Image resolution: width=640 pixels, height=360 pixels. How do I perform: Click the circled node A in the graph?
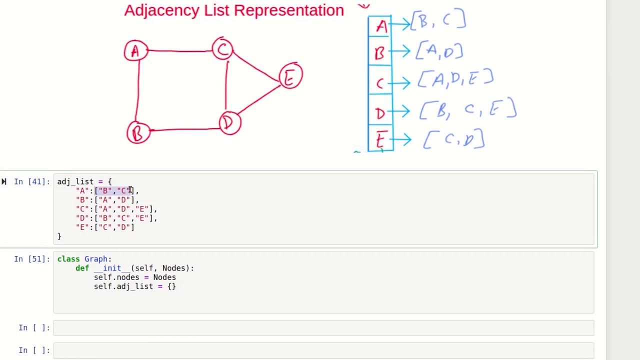point(135,50)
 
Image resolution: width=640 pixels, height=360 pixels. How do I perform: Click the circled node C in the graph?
point(222,49)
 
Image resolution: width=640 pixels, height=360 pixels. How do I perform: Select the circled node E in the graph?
point(290,76)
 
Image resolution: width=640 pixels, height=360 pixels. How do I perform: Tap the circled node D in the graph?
point(229,123)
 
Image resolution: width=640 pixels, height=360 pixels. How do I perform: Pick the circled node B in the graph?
point(138,132)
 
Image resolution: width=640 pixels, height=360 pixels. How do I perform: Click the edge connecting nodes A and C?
point(180,50)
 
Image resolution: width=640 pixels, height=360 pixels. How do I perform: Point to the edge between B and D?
point(185,129)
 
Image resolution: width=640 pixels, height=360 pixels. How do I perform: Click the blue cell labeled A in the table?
point(380,26)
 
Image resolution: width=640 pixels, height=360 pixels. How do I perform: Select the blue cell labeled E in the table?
point(380,139)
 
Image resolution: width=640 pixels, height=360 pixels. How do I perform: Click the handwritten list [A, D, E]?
point(455,78)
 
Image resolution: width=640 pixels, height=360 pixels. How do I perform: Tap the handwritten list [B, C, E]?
point(468,109)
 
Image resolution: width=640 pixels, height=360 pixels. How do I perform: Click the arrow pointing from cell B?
point(401,51)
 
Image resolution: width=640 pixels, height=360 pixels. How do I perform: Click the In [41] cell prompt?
point(31,181)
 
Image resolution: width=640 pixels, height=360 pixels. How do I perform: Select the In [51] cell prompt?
point(31,259)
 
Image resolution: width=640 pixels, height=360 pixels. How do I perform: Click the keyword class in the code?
point(68,259)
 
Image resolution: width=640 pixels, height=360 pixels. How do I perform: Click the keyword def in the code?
point(82,268)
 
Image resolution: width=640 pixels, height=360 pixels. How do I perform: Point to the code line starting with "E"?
point(105,227)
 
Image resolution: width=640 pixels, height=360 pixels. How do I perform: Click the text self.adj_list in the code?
point(123,286)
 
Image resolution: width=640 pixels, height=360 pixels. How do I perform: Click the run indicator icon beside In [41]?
point(4,181)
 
